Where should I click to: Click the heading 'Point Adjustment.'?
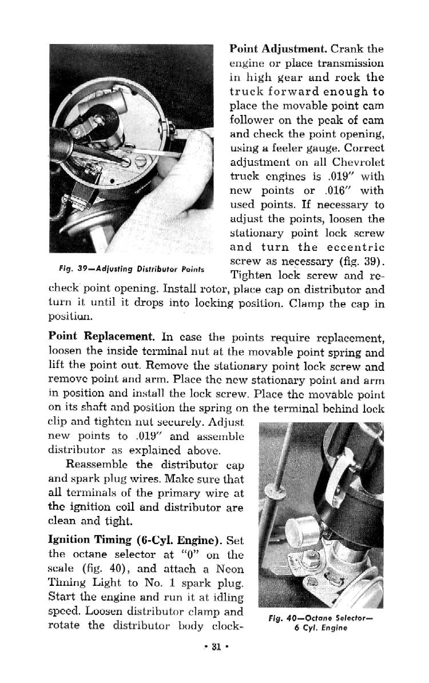[x=278, y=49]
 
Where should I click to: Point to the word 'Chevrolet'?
[x=359, y=162]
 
